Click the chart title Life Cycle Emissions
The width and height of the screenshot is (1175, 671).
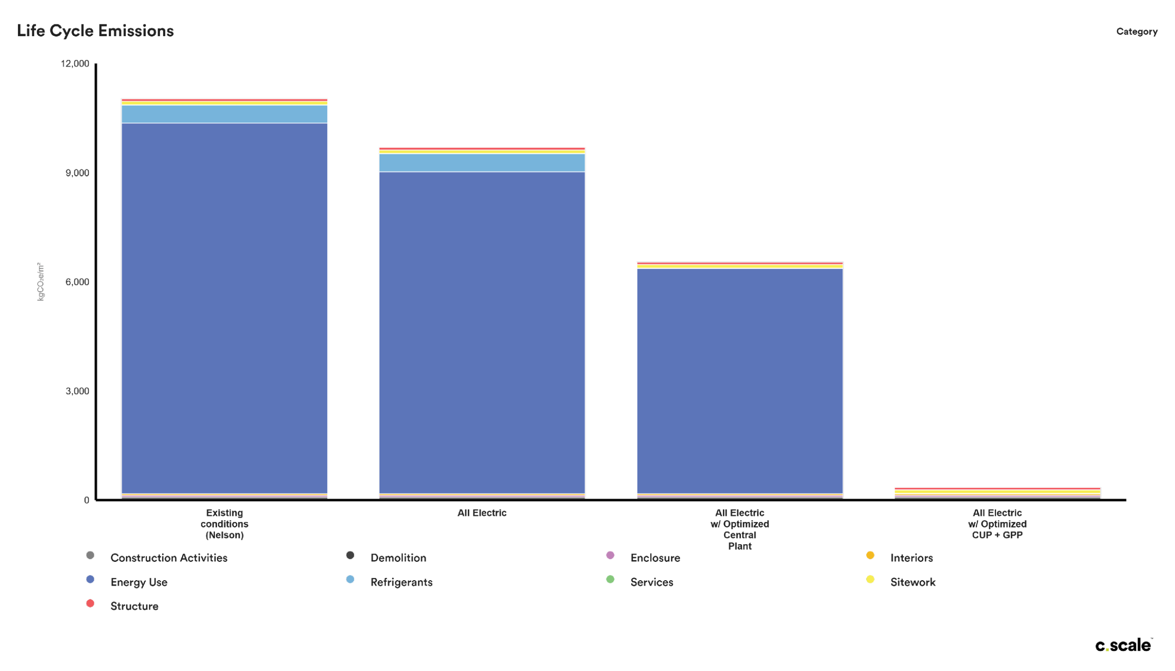pyautogui.click(x=95, y=31)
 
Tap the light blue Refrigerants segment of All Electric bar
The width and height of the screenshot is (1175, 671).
pyautogui.click(x=481, y=163)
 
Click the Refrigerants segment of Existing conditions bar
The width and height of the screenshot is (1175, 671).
pyautogui.click(x=224, y=114)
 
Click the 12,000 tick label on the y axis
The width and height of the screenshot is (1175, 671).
pyautogui.click(x=75, y=64)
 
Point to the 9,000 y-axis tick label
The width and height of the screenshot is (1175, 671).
pyautogui.click(x=77, y=173)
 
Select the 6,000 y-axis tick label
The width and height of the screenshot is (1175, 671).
pyautogui.click(x=77, y=282)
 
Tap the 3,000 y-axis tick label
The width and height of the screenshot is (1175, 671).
pyautogui.click(x=77, y=391)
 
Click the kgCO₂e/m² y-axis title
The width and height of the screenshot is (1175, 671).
pyautogui.click(x=41, y=282)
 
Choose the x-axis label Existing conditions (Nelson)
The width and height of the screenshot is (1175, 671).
pyautogui.click(x=224, y=524)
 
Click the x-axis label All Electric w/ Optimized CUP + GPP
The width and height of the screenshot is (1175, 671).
pyautogui.click(x=997, y=524)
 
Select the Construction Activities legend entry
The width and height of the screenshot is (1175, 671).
pyautogui.click(x=168, y=558)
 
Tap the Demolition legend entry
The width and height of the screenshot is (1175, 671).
pyautogui.click(x=398, y=558)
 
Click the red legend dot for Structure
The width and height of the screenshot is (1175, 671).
pyautogui.click(x=90, y=603)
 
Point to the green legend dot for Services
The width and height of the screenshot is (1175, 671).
pyautogui.click(x=610, y=579)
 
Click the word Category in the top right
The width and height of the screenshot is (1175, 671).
pyautogui.click(x=1136, y=32)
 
